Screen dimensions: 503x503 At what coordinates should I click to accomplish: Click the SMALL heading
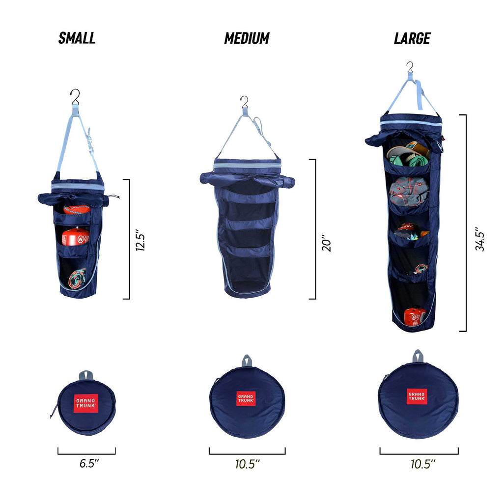[77, 38]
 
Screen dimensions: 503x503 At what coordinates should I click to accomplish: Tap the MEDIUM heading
[247, 38]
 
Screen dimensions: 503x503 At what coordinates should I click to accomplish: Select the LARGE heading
[412, 38]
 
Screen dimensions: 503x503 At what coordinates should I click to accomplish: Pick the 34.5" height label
[480, 239]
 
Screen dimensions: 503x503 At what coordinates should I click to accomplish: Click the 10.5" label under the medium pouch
[247, 463]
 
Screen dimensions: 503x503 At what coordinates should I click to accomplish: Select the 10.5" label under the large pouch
[423, 463]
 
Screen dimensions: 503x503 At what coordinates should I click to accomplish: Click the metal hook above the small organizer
[75, 96]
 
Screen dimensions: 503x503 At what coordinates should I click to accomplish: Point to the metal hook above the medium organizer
[244, 102]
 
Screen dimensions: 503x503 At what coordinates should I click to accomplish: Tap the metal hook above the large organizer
[410, 67]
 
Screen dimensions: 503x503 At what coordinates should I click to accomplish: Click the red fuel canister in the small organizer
[75, 237]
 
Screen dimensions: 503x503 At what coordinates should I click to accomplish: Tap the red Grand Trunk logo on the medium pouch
[246, 398]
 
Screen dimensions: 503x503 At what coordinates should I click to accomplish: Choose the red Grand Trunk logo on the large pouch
[417, 396]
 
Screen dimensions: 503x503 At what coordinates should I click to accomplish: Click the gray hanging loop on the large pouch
[418, 356]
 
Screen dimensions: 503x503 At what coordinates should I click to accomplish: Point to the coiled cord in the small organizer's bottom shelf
[77, 278]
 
